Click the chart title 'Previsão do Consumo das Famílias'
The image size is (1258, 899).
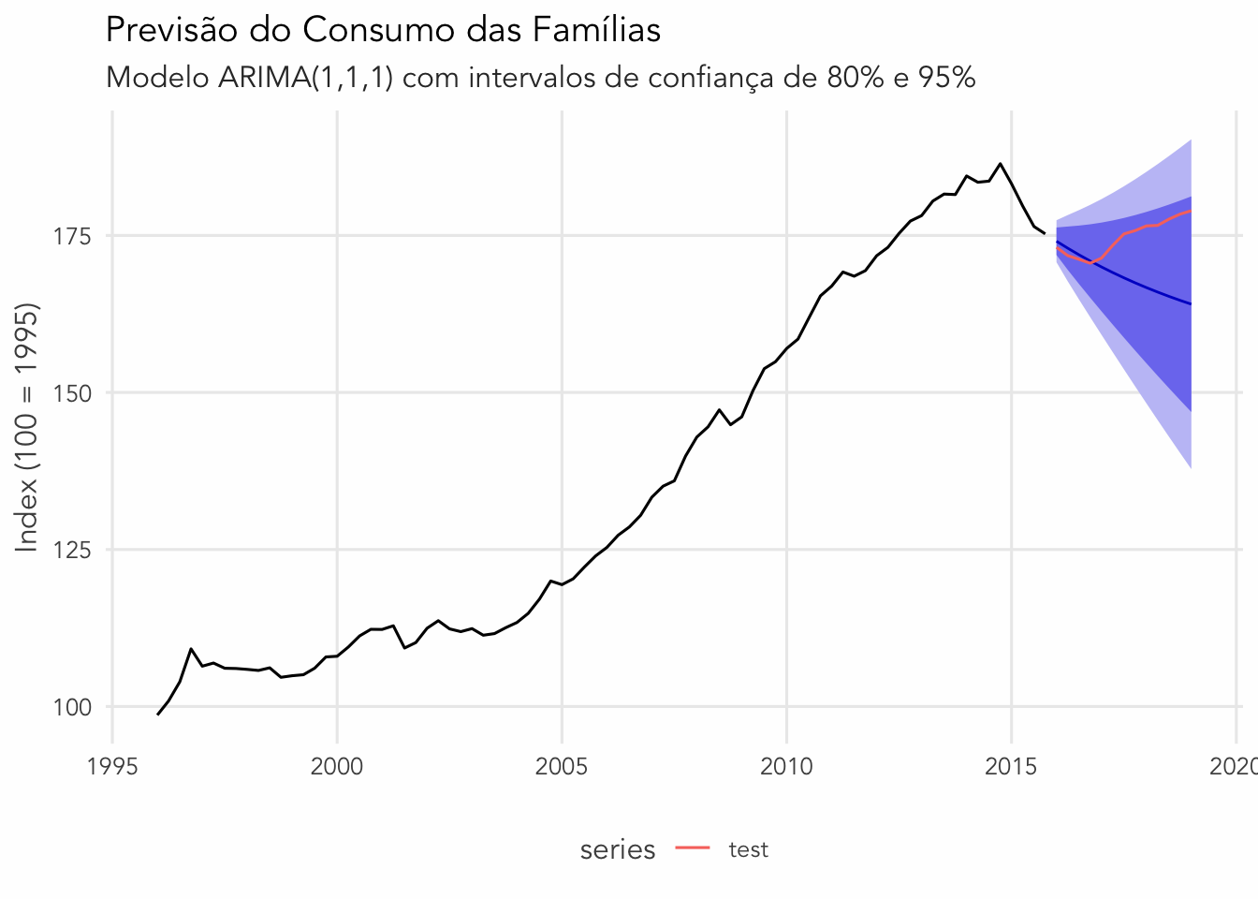383,30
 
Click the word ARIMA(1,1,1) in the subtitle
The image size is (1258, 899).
305,77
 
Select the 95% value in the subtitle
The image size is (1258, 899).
946,77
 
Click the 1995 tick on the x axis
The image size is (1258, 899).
112,767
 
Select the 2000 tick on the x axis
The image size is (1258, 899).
337,767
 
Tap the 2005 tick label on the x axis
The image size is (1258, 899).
562,767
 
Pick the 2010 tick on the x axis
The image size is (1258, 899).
786,767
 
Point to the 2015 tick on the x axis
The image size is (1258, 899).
1011,767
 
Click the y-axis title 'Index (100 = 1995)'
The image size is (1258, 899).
28,428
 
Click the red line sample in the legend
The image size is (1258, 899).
693,849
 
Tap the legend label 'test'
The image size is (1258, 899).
748,849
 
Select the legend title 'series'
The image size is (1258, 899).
618,849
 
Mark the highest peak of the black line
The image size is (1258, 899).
1000,164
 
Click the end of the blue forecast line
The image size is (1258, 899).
1190,304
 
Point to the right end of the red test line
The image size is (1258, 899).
1190,211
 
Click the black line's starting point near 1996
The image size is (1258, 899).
157,715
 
